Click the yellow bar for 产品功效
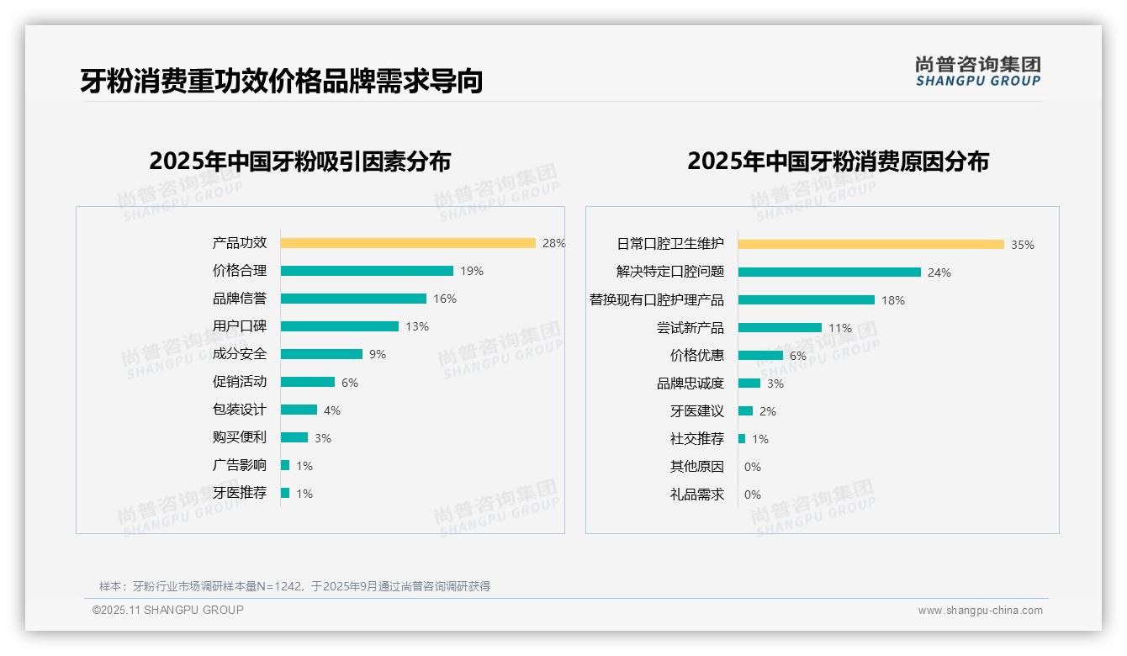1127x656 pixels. click(408, 243)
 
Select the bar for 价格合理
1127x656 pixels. click(367, 271)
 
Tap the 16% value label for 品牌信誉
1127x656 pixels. click(445, 299)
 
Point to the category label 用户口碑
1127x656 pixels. click(240, 326)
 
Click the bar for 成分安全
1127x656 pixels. click(321, 354)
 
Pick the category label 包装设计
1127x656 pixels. click(240, 410)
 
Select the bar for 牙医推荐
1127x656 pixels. click(285, 493)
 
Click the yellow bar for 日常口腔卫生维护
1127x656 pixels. click(870, 245)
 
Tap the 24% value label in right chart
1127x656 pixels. click(939, 272)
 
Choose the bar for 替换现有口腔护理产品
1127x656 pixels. click(806, 300)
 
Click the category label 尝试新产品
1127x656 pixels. click(690, 328)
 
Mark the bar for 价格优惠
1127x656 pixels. click(760, 356)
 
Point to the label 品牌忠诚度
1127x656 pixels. click(690, 384)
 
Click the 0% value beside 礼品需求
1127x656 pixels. click(752, 495)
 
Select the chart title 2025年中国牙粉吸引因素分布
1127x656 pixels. click(300, 161)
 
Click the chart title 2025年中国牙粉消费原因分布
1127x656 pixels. click(838, 161)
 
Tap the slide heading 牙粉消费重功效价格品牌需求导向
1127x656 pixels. click(282, 82)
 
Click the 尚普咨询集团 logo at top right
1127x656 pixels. click(978, 71)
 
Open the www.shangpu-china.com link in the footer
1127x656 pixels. click(980, 611)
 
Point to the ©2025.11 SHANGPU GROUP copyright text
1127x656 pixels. click(168, 610)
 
